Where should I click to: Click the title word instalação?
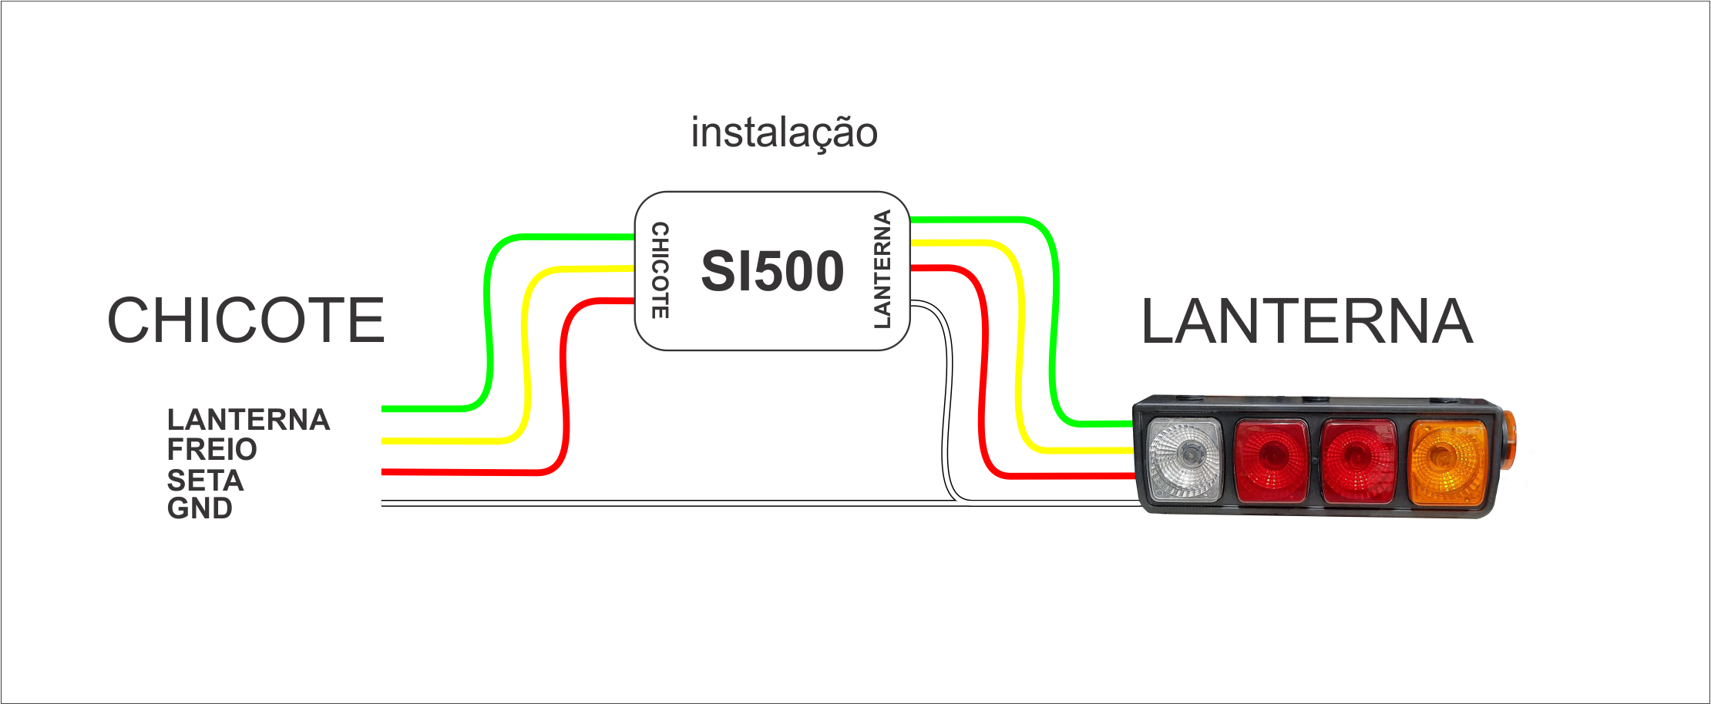tap(784, 133)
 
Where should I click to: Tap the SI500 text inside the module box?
tap(772, 271)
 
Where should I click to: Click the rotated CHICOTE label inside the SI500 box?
tap(661, 270)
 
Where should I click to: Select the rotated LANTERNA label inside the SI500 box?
tap(882, 270)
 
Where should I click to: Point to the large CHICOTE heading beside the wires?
tap(246, 320)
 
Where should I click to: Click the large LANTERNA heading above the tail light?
tap(1306, 321)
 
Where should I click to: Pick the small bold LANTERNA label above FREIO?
tap(248, 420)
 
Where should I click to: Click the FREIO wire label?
tap(212, 449)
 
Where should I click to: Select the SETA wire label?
tap(205, 481)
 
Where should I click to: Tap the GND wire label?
tap(200, 508)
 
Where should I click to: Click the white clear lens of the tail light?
tap(1185, 461)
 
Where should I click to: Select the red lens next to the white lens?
tap(1272, 461)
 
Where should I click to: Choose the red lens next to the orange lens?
tap(1358, 461)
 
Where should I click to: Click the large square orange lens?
tap(1447, 461)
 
